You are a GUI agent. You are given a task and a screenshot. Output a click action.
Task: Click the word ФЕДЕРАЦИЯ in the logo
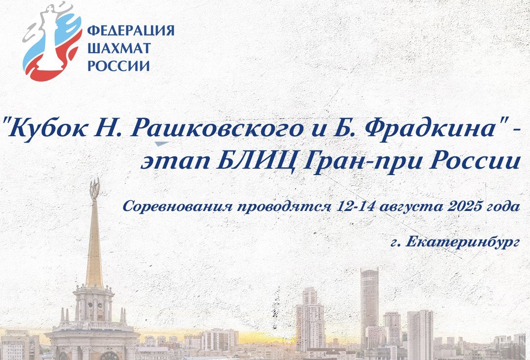click(x=131, y=30)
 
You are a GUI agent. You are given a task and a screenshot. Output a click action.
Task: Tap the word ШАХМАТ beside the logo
click(x=119, y=48)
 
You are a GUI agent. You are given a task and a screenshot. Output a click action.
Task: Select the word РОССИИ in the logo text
click(x=118, y=65)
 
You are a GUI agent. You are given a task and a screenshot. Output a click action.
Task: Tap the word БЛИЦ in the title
click(x=258, y=162)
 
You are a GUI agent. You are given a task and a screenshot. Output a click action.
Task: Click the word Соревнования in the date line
click(x=177, y=206)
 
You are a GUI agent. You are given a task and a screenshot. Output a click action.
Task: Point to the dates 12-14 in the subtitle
click(x=355, y=206)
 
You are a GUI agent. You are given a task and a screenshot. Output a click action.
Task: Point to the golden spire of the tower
click(x=94, y=243)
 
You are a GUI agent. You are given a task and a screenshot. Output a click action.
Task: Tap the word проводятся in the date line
click(x=285, y=207)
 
